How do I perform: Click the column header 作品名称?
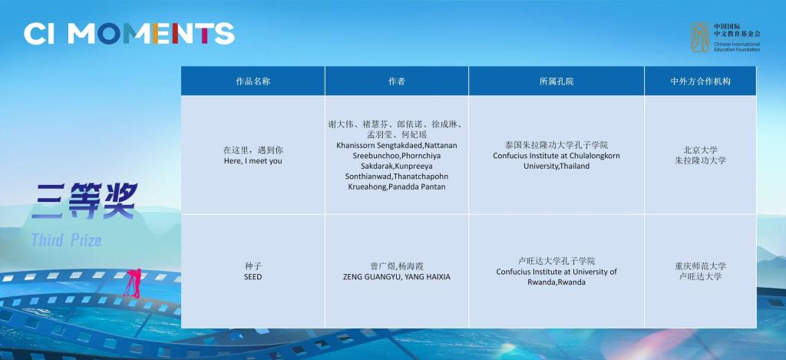point(253,81)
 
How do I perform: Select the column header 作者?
point(397,81)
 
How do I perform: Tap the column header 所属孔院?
point(556,81)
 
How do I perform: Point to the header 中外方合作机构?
point(700,81)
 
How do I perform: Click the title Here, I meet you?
point(253,161)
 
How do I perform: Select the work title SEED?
point(253,277)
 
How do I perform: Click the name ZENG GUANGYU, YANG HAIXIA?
point(397,277)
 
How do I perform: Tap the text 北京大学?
point(700,150)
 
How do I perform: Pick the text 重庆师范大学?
point(700,266)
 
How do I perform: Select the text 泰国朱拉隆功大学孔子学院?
point(556,145)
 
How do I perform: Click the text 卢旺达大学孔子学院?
point(556,261)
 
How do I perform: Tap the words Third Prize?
point(66,240)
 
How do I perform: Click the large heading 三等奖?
point(84,200)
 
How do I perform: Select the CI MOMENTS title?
point(129,34)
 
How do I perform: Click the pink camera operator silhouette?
point(134,283)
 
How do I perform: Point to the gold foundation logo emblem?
point(700,37)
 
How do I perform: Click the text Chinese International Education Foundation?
point(738,47)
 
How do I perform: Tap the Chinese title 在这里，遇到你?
point(253,150)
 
